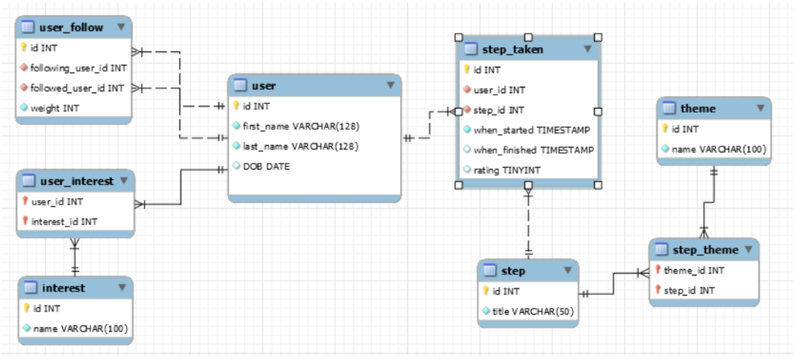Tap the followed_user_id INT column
click(78, 88)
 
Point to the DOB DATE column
click(267, 166)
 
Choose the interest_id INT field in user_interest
click(64, 221)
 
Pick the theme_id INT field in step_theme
click(694, 270)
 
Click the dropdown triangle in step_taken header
click(587, 49)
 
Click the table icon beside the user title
click(239, 85)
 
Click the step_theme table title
click(704, 250)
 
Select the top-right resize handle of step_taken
click(598, 36)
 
